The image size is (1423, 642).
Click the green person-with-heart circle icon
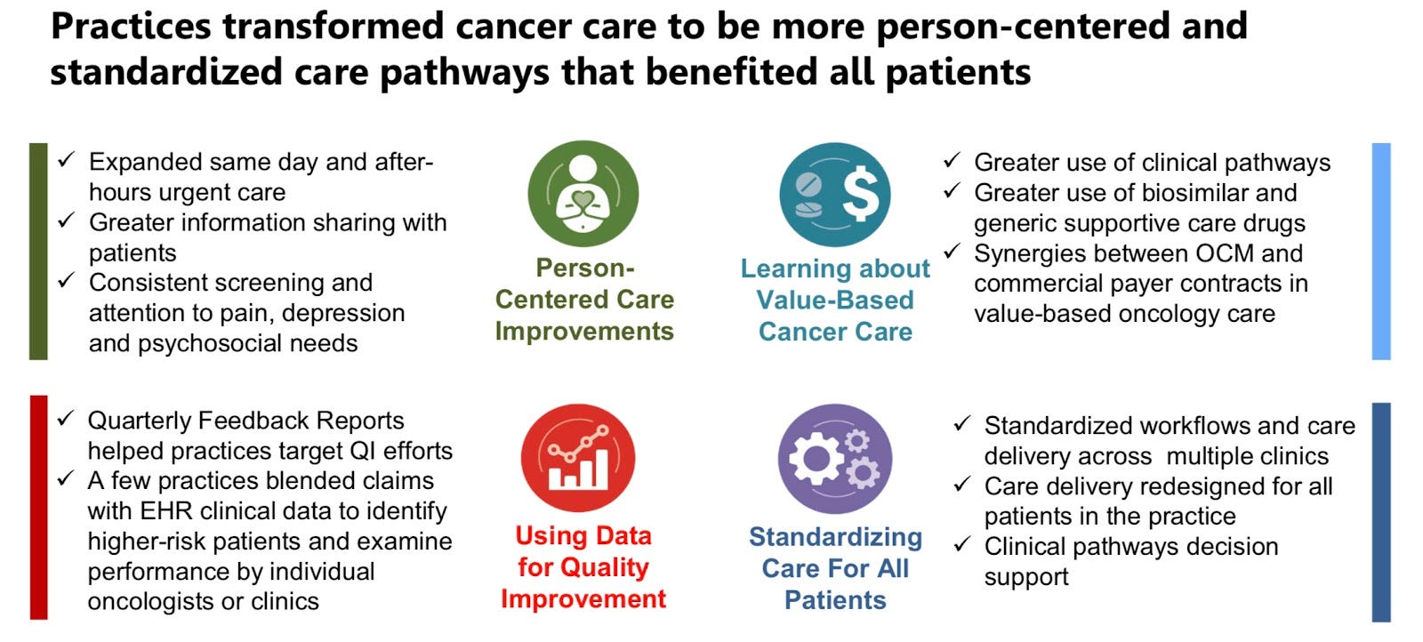pos(583,194)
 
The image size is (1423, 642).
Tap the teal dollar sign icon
pos(835,195)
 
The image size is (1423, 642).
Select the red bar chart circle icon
pos(578,458)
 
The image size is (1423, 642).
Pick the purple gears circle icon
pos(835,459)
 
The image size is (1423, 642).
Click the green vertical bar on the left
pos(38,252)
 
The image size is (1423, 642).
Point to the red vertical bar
pos(38,508)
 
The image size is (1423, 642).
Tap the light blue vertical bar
pos(1380,252)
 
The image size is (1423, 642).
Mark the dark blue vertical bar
pos(1380,512)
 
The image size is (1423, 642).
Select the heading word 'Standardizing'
pos(835,537)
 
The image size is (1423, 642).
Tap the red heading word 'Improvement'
pos(583,599)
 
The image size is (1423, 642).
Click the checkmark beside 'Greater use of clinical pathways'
pos(952,161)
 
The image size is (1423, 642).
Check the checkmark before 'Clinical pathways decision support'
pos(961,545)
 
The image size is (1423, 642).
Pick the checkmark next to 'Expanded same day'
pos(67,160)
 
